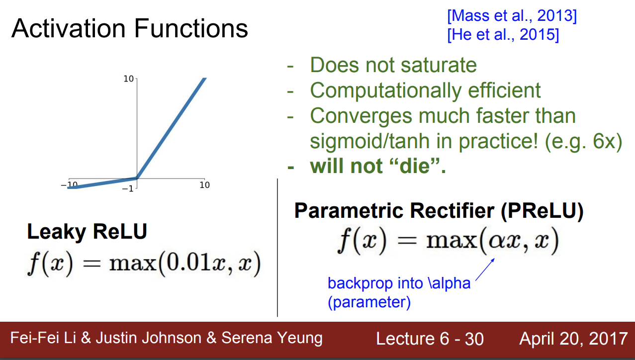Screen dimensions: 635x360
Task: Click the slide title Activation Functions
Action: (x=130, y=28)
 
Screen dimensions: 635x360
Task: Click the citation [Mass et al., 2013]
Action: (x=512, y=15)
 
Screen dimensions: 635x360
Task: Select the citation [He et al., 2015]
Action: (x=503, y=35)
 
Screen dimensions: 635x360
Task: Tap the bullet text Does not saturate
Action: (x=393, y=65)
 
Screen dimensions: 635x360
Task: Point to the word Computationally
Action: (x=386, y=90)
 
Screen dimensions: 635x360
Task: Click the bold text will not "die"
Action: (x=378, y=166)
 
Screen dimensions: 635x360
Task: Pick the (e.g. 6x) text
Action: (x=583, y=141)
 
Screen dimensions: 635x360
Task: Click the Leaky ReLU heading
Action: (x=87, y=232)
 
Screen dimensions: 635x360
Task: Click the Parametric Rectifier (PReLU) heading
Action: (x=439, y=211)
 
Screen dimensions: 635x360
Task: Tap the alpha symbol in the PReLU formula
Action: (x=496, y=242)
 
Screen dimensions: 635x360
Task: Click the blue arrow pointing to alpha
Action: (x=485, y=270)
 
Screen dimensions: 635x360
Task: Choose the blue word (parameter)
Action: (x=369, y=302)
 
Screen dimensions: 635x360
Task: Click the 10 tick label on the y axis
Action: (x=128, y=79)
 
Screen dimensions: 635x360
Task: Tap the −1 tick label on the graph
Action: (x=128, y=188)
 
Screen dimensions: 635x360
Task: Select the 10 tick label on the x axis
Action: (x=204, y=185)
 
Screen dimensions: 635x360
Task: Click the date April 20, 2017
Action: (x=573, y=339)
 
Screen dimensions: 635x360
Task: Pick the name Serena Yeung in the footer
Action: (x=272, y=338)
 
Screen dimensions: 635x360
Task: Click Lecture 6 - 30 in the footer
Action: (x=430, y=339)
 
